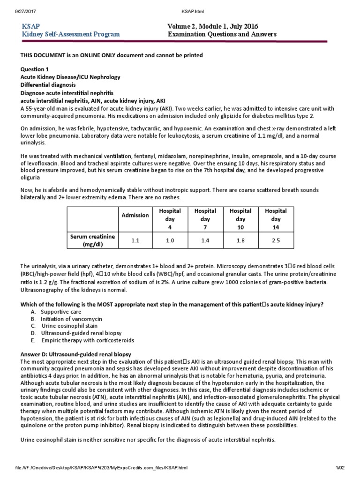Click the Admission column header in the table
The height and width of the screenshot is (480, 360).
[135, 215]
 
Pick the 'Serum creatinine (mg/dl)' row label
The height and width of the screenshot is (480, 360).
[92, 240]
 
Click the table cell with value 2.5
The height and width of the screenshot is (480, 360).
[276, 240]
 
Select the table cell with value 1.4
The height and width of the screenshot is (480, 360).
[205, 240]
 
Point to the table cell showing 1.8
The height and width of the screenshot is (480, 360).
[240, 240]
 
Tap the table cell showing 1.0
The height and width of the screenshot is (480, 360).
[170, 240]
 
